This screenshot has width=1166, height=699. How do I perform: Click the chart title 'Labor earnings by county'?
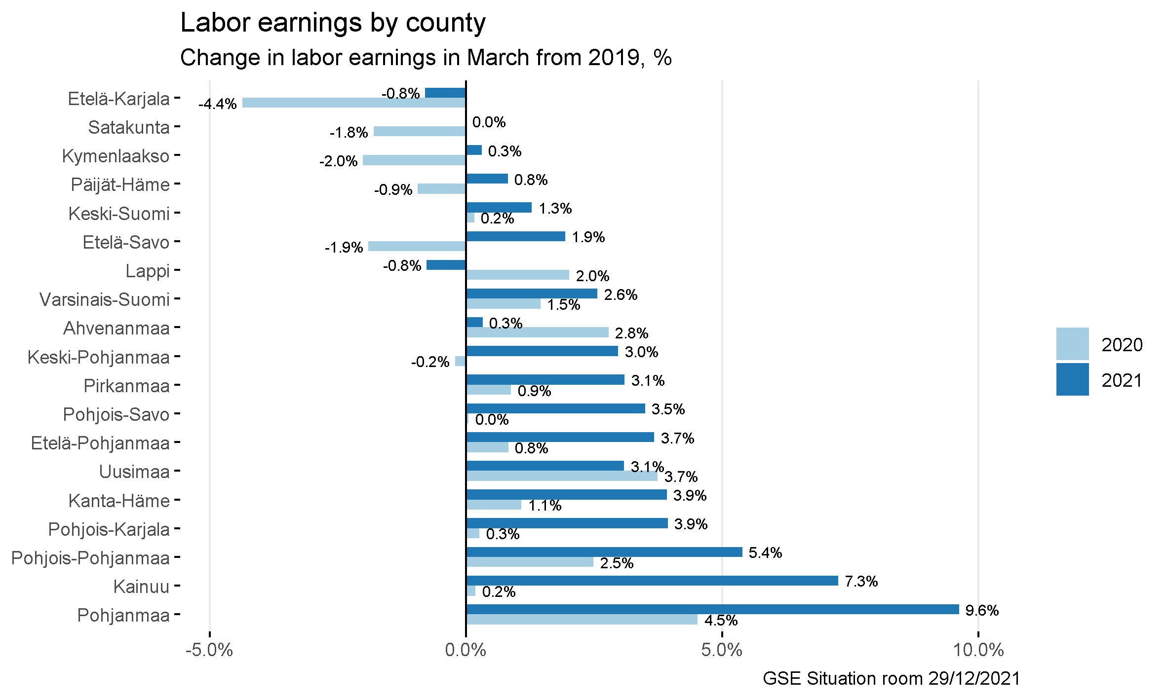tap(333, 23)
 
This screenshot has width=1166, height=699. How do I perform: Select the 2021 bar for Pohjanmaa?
tap(712, 609)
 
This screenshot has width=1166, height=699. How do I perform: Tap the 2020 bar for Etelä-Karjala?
tap(353, 103)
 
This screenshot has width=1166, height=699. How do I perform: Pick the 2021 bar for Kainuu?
tap(652, 581)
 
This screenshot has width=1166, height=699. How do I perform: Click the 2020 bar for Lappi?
tap(517, 275)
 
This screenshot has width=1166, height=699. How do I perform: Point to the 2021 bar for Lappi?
tap(446, 265)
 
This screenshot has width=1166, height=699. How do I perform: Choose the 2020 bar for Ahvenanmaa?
tap(537, 332)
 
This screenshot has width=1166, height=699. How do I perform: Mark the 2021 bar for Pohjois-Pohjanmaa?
tap(604, 552)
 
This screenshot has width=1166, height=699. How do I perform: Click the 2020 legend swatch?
tap(1072, 344)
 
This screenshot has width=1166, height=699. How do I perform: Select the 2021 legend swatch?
tap(1072, 379)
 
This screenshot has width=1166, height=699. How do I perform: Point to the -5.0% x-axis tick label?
tap(209, 650)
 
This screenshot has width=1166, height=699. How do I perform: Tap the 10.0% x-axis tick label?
tap(978, 650)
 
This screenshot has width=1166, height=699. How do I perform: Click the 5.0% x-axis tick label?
tap(722, 650)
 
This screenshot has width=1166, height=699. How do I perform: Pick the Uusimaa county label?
tap(134, 472)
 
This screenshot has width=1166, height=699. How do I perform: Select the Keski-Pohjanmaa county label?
tap(98, 357)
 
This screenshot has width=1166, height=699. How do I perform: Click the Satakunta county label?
tap(129, 128)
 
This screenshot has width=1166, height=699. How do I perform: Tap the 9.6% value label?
tap(982, 611)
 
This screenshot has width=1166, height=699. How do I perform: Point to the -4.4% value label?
tap(218, 104)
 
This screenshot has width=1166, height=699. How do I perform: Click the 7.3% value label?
tap(861, 582)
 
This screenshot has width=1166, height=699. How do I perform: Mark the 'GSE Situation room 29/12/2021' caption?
tap(891, 679)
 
